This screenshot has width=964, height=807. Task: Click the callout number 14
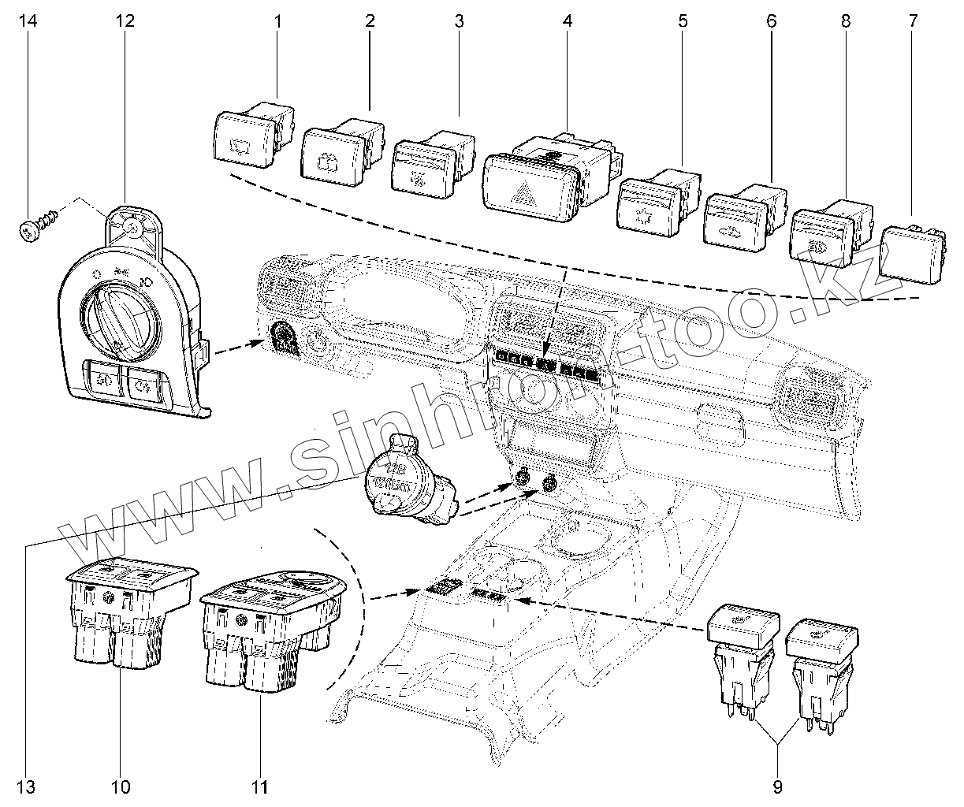[28, 21]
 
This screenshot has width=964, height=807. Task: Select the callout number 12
[125, 21]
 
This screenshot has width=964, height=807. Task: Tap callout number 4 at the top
[567, 21]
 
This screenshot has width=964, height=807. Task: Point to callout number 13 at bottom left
[28, 787]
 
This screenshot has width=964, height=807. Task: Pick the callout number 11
[260, 787]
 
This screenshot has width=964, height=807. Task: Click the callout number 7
[914, 21]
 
